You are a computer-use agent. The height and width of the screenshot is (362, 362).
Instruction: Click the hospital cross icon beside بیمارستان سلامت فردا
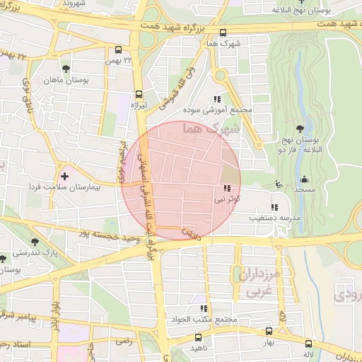click(65, 175)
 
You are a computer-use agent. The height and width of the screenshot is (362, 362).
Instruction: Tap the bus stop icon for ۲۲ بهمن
click(117, 50)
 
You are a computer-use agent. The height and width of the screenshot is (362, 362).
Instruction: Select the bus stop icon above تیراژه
click(139, 93)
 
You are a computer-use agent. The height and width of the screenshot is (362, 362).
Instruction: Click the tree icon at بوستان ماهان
click(65, 69)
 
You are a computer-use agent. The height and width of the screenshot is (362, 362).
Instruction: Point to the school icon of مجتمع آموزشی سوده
click(216, 99)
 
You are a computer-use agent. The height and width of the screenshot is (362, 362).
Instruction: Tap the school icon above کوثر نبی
click(226, 189)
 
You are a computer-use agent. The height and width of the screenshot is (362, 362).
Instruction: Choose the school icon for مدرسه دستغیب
click(274, 207)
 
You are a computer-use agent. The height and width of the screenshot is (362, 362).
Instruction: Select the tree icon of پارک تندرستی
click(5, 259)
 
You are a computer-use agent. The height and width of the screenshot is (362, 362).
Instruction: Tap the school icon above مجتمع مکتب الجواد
click(204, 308)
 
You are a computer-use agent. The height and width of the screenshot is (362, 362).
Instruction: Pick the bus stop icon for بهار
click(269, 330)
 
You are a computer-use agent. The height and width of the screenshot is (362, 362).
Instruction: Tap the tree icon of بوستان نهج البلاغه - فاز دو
click(302, 128)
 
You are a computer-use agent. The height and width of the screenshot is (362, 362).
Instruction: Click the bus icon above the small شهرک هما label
click(223, 33)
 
